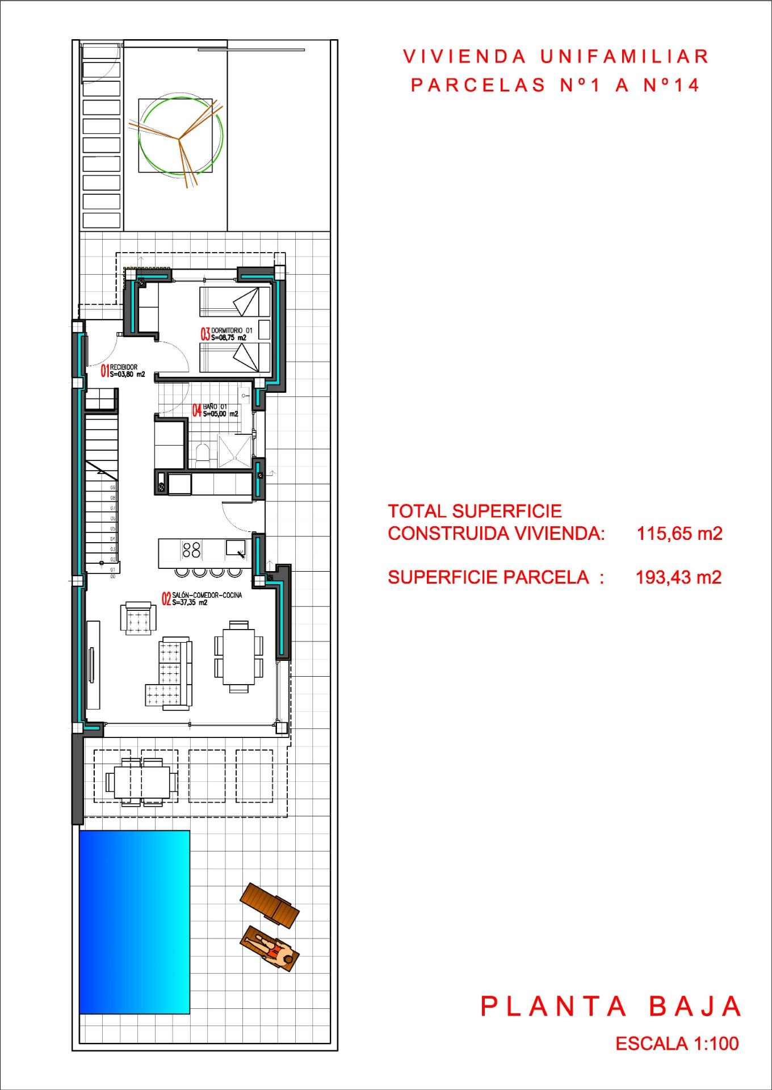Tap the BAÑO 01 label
click(x=215, y=410)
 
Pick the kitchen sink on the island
click(x=235, y=548)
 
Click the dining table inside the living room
click(x=238, y=656)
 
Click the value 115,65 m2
click(x=679, y=534)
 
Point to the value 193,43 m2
click(x=678, y=577)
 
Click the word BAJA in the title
click(x=695, y=1007)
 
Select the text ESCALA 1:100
click(x=677, y=1043)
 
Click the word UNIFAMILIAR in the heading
click(x=624, y=56)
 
